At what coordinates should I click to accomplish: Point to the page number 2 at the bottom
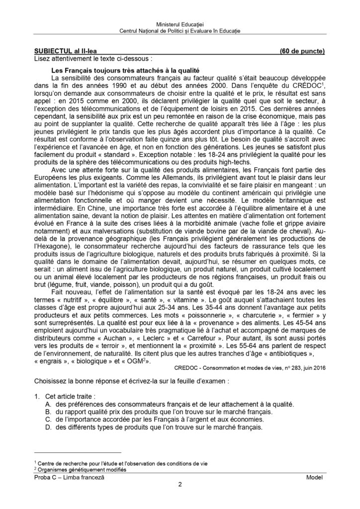pyautogui.click(x=180, y=486)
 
